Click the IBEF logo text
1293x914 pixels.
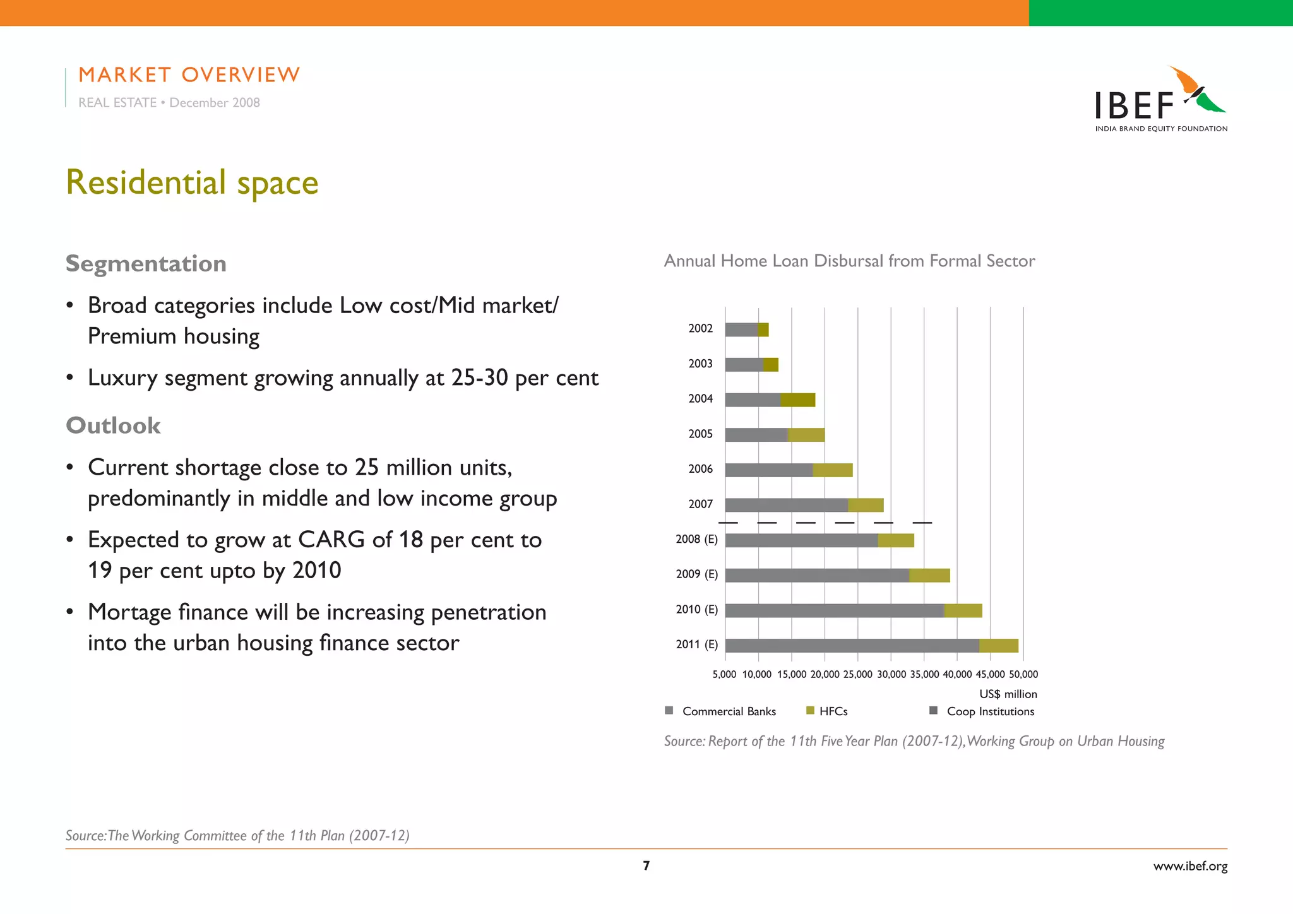[1135, 106]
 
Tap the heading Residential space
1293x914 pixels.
[192, 182]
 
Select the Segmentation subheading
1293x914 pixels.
[146, 263]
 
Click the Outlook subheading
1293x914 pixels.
[113, 425]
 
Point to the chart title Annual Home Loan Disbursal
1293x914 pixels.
[849, 261]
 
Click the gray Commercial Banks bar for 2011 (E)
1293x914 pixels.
[852, 645]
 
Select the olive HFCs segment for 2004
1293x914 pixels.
[797, 400]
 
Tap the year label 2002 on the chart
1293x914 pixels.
[700, 328]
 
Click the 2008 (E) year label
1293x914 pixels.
[696, 539]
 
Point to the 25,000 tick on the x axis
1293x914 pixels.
[857, 674]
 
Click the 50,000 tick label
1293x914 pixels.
[1023, 674]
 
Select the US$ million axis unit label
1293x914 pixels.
[1008, 694]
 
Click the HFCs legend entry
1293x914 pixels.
[833, 711]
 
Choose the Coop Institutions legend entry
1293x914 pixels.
[990, 711]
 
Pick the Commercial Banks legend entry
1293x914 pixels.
[729, 711]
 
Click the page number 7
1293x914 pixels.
[646, 865]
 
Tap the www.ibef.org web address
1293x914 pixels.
[1190, 866]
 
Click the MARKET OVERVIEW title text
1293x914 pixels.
[189, 74]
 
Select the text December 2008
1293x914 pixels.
[214, 102]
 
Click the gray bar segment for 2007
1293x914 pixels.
[786, 505]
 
